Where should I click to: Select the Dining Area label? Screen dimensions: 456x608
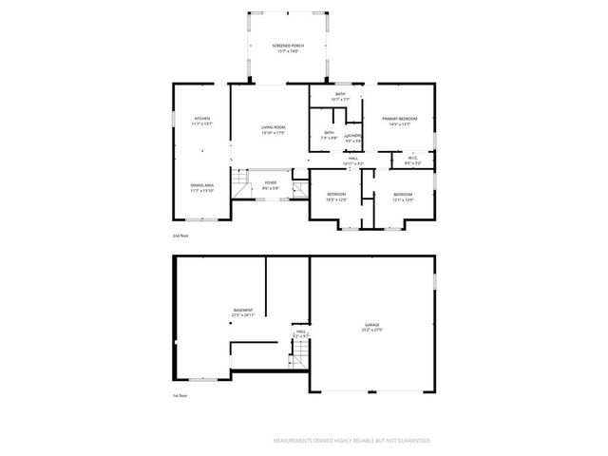click(x=201, y=188)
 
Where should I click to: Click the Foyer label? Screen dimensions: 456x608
click(x=271, y=185)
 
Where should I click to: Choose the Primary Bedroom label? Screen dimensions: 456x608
click(x=400, y=121)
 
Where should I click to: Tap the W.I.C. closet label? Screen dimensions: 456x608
click(x=413, y=161)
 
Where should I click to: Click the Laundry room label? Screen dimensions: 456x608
click(x=353, y=138)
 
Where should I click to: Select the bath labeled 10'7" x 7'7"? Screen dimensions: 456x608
click(x=339, y=96)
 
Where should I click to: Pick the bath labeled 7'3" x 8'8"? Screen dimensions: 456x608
click(x=329, y=135)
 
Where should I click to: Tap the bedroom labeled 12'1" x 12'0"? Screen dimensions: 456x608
click(x=403, y=197)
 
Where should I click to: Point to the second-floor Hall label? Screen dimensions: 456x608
click(x=351, y=161)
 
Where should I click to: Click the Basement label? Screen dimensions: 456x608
click(x=243, y=312)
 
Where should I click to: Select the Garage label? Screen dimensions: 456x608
click(x=371, y=327)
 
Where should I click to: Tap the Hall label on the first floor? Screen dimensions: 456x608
click(x=299, y=334)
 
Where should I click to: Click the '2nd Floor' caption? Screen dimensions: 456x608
click(x=180, y=235)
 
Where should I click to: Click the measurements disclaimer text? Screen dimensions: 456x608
click(x=351, y=441)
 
